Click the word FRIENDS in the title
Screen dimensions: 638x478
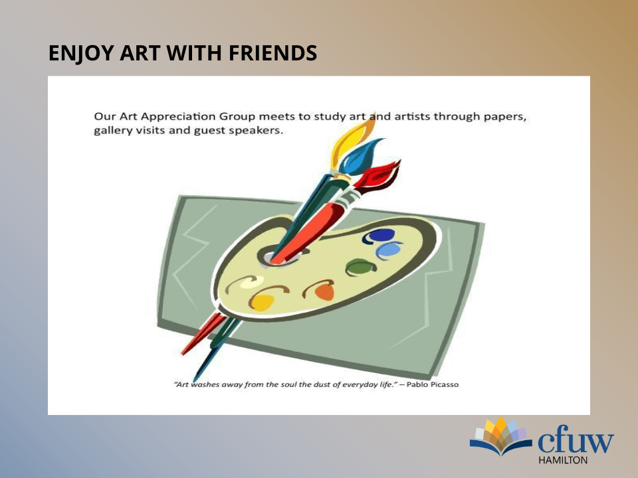[x=272, y=53]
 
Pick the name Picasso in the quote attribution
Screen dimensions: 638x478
[x=445, y=384]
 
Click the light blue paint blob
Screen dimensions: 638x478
[x=389, y=250]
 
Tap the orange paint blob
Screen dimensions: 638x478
[x=322, y=290]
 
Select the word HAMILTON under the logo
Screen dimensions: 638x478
[x=563, y=460]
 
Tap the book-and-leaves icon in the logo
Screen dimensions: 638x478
[x=501, y=436]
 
